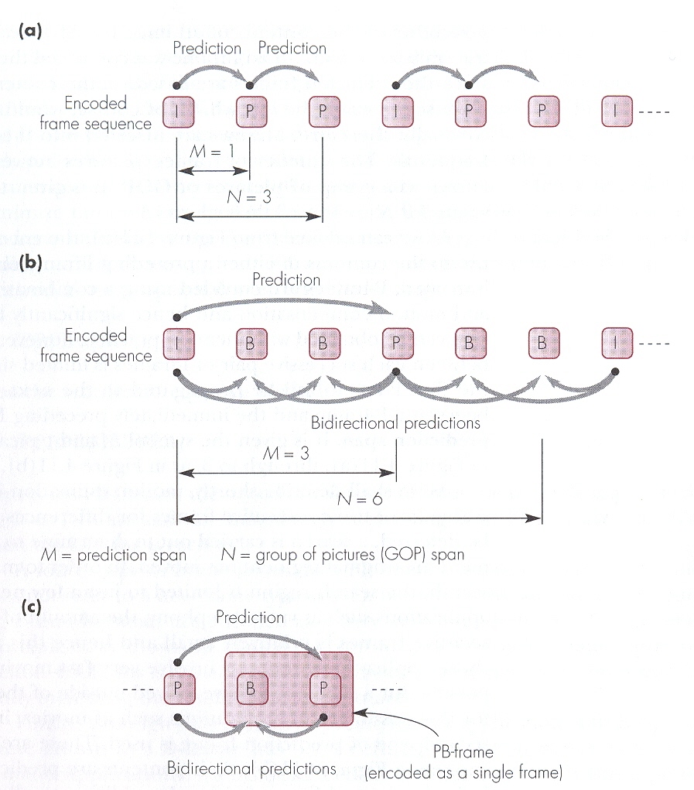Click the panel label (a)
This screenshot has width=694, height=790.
click(x=29, y=32)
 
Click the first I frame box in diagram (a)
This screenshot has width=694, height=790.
click(x=178, y=111)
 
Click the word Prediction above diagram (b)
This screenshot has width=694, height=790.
click(x=286, y=279)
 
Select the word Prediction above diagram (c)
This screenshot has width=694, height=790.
click(x=250, y=617)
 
